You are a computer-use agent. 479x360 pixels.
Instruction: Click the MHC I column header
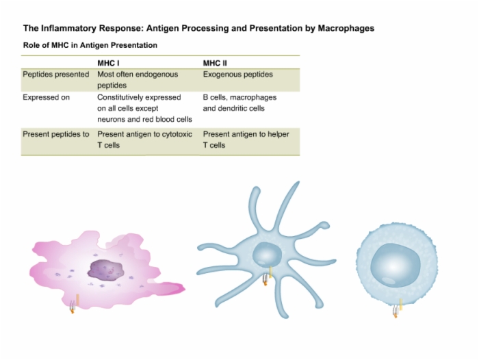(108, 63)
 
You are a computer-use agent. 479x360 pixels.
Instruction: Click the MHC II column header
(215, 63)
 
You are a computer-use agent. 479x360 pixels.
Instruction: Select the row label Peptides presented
(56, 75)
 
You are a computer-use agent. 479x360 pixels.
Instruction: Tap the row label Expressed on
(46, 97)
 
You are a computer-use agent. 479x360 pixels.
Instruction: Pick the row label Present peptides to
(56, 134)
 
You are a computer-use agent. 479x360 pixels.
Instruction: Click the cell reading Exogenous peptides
(238, 75)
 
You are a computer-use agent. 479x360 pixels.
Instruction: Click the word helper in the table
(279, 134)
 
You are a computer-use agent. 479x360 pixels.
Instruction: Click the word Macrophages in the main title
(346, 29)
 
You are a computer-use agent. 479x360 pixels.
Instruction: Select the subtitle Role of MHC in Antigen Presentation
(90, 45)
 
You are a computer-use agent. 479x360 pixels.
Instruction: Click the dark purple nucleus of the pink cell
(105, 270)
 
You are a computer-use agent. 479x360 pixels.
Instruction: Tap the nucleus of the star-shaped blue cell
(267, 255)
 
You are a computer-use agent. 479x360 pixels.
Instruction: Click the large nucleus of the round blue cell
(396, 266)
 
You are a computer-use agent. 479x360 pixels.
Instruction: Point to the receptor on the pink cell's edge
(74, 304)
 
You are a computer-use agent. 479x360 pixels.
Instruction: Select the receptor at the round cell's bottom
(397, 308)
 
